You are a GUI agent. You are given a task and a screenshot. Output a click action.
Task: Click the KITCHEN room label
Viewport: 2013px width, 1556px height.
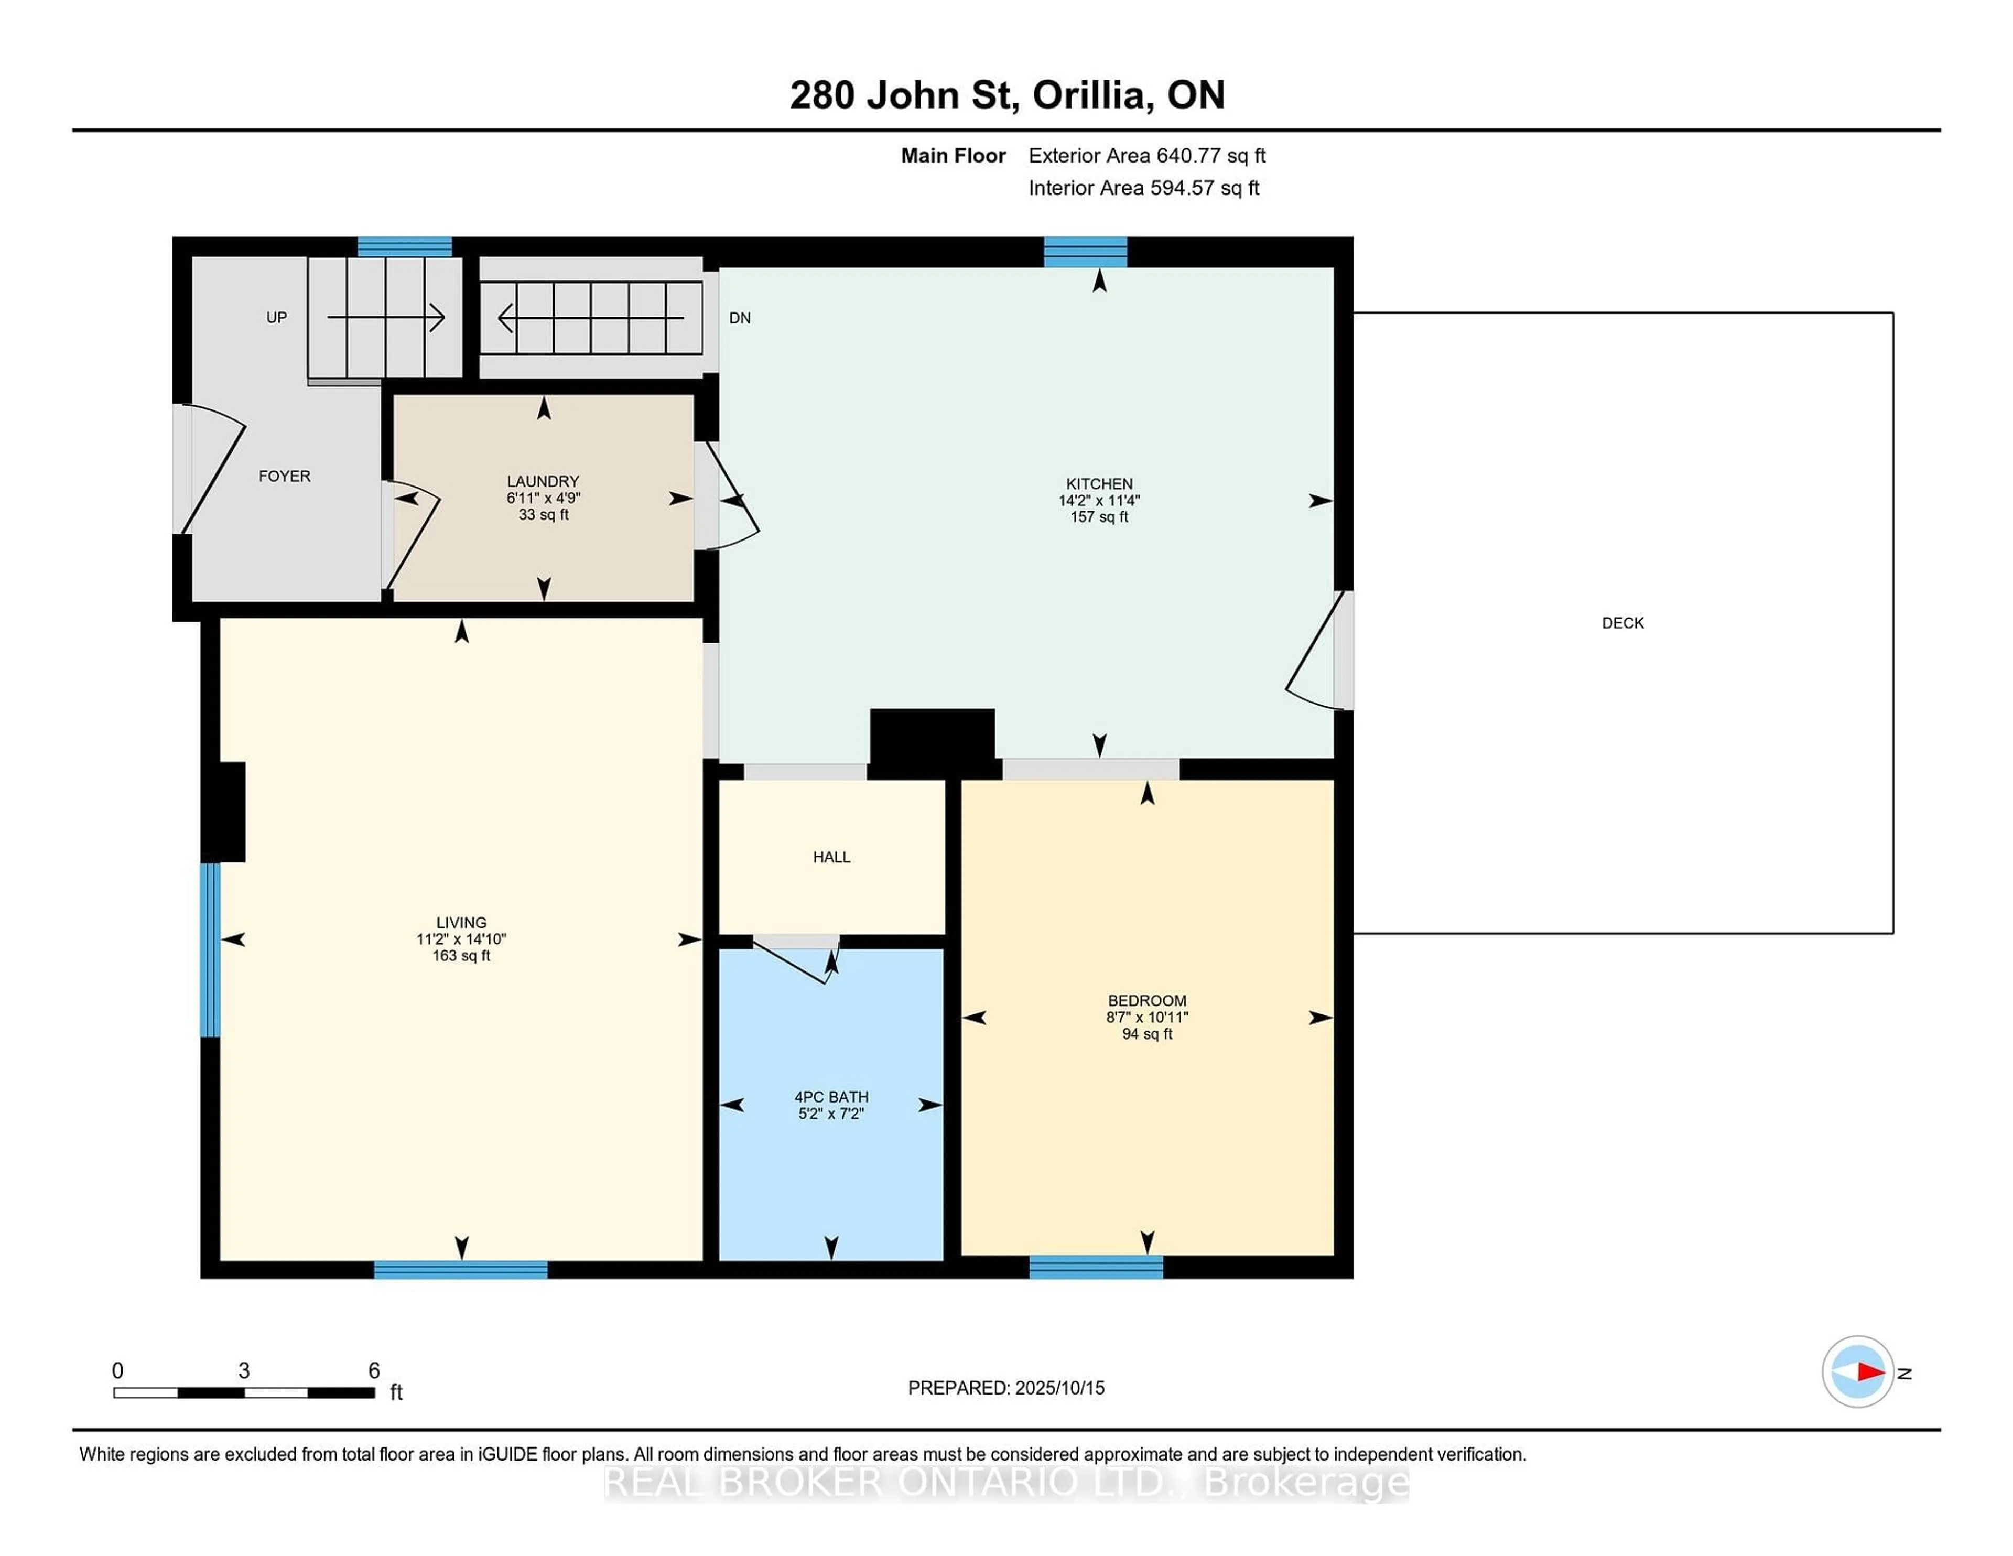tap(1099, 484)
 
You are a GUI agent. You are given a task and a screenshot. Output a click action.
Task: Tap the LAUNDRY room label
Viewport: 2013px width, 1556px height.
tap(543, 481)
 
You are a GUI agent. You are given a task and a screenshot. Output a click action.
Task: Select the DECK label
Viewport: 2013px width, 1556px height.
tap(1622, 623)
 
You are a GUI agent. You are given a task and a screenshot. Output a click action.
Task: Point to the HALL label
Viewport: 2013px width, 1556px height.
tap(831, 857)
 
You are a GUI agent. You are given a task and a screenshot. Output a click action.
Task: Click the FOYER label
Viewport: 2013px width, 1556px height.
tap(284, 477)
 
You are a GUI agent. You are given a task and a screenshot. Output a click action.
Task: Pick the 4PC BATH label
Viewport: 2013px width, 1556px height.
tap(831, 1097)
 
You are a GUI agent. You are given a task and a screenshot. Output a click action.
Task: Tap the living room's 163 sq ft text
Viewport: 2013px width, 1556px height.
tap(461, 956)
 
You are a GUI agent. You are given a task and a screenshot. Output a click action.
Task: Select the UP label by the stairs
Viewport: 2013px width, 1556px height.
tap(276, 317)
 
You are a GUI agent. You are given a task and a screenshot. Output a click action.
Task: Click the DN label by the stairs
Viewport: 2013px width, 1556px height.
tap(739, 318)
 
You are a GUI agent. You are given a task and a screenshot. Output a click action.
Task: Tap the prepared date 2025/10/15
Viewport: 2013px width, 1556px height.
tap(1059, 1388)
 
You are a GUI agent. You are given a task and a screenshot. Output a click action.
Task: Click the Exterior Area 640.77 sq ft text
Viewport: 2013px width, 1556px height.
tap(1146, 156)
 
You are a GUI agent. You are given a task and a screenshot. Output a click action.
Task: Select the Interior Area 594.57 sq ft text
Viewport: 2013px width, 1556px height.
tap(1144, 188)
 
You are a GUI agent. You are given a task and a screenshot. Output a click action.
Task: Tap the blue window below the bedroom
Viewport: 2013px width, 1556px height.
tap(1096, 1268)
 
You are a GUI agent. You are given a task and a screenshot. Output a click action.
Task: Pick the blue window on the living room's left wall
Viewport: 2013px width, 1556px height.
tap(210, 949)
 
